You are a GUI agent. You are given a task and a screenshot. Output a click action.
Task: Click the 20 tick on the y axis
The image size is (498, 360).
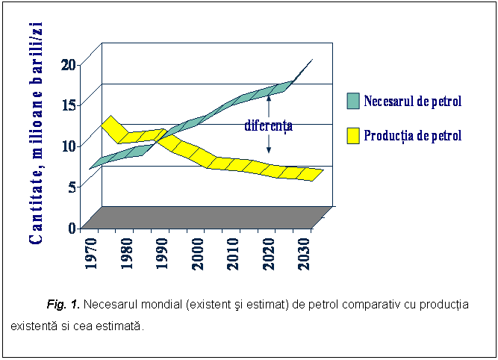tap(68, 64)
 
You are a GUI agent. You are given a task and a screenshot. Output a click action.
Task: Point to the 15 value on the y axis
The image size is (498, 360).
tap(68, 105)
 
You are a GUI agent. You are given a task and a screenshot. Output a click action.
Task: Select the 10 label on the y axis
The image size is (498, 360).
tap(68, 146)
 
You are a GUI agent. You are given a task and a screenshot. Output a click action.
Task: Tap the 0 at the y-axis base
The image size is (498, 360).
tap(72, 228)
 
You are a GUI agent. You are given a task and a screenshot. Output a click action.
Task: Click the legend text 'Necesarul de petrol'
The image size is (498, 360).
tap(413, 101)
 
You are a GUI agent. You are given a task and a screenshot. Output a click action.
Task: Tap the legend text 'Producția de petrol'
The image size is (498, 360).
tap(412, 135)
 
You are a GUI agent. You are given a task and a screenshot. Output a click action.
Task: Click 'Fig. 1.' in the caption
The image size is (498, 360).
tap(63, 305)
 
